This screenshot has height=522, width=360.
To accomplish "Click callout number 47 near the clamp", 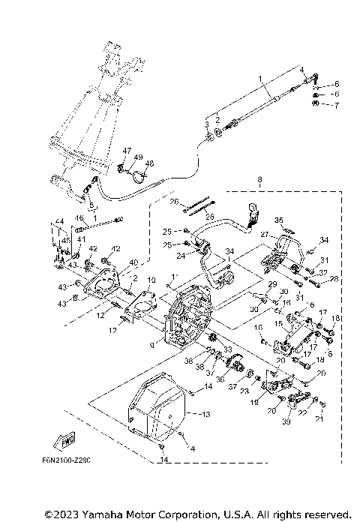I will coord(127,151).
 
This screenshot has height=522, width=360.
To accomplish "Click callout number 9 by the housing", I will coord(152,345).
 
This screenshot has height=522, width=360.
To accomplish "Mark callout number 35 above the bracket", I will coord(278,220).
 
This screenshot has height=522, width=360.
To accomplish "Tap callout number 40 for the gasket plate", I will coord(134,262).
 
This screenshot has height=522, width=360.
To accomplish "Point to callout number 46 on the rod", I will coord(77,218).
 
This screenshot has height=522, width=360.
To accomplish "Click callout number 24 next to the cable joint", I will coord(181,256).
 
